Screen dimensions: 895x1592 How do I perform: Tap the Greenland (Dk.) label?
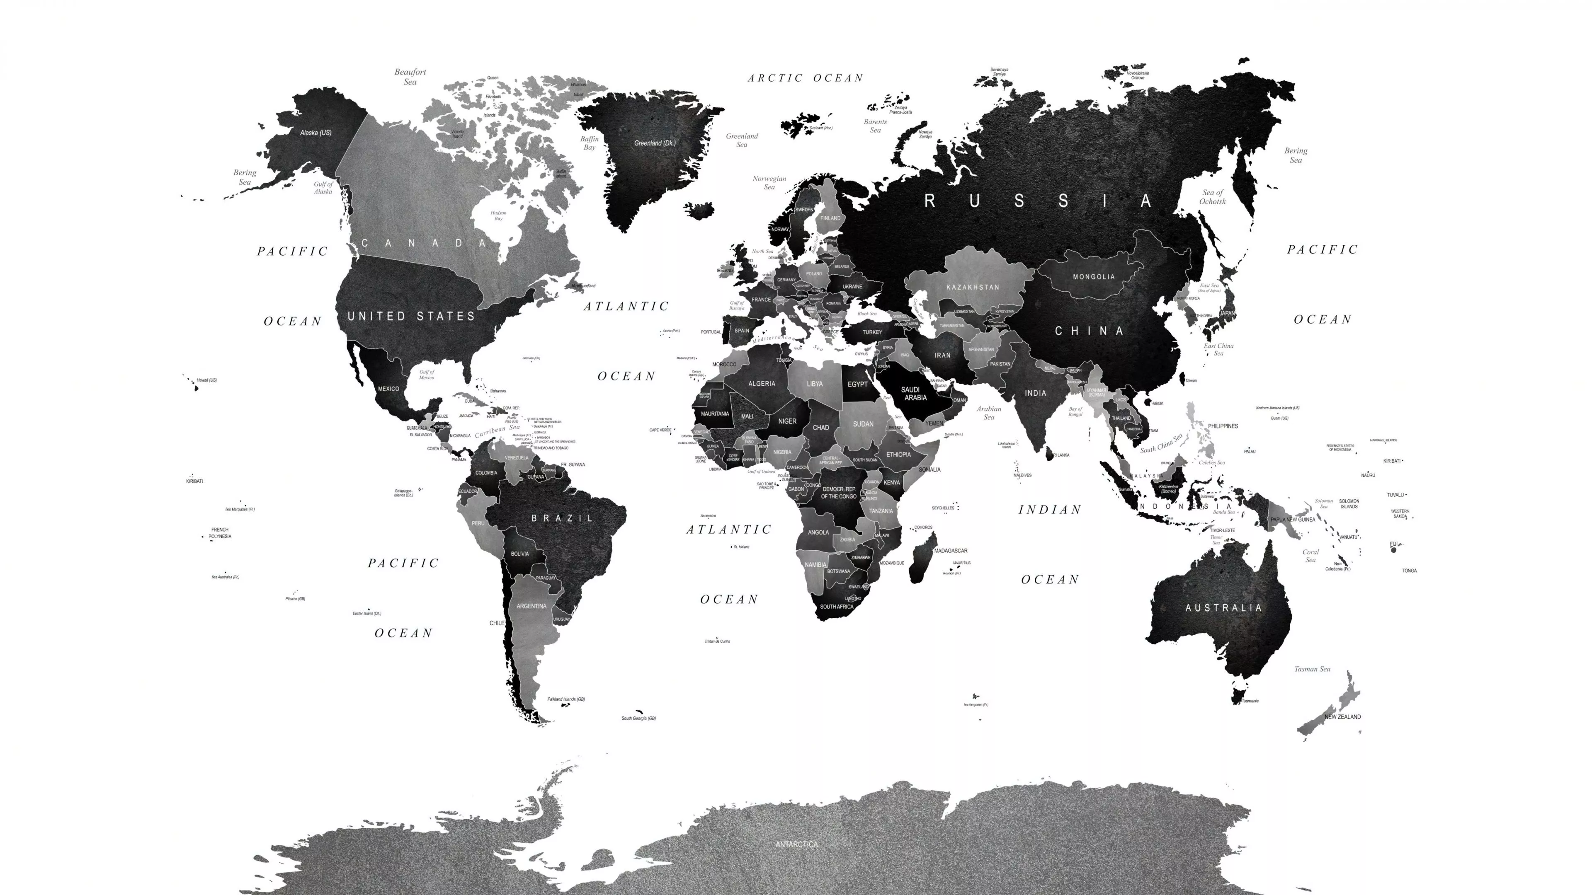[655, 143]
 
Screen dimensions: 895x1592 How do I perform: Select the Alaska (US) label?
[316, 133]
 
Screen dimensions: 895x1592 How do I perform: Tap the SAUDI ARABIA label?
[915, 394]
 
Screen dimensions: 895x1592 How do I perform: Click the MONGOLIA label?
[1093, 277]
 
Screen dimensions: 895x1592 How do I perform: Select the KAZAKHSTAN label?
[972, 287]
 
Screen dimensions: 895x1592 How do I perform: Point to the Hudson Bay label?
[498, 215]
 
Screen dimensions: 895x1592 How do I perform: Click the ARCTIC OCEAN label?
[805, 78]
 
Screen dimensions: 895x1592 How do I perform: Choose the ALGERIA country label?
[762, 384]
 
